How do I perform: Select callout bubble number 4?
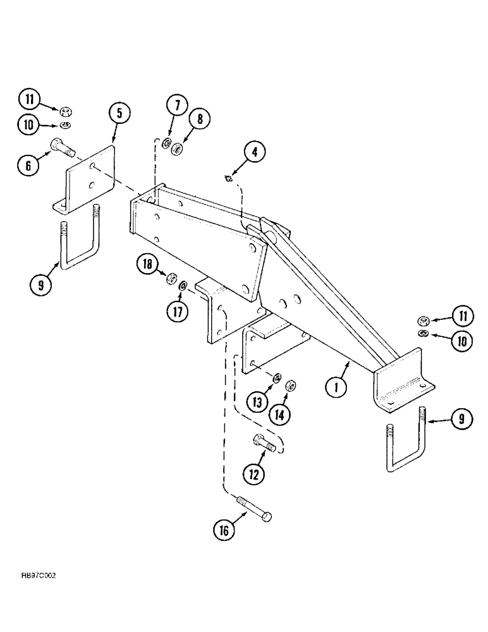[x=255, y=152]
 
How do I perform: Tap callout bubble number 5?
[x=119, y=113]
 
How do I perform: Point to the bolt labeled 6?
[x=61, y=147]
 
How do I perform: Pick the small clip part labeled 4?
[x=231, y=178]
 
